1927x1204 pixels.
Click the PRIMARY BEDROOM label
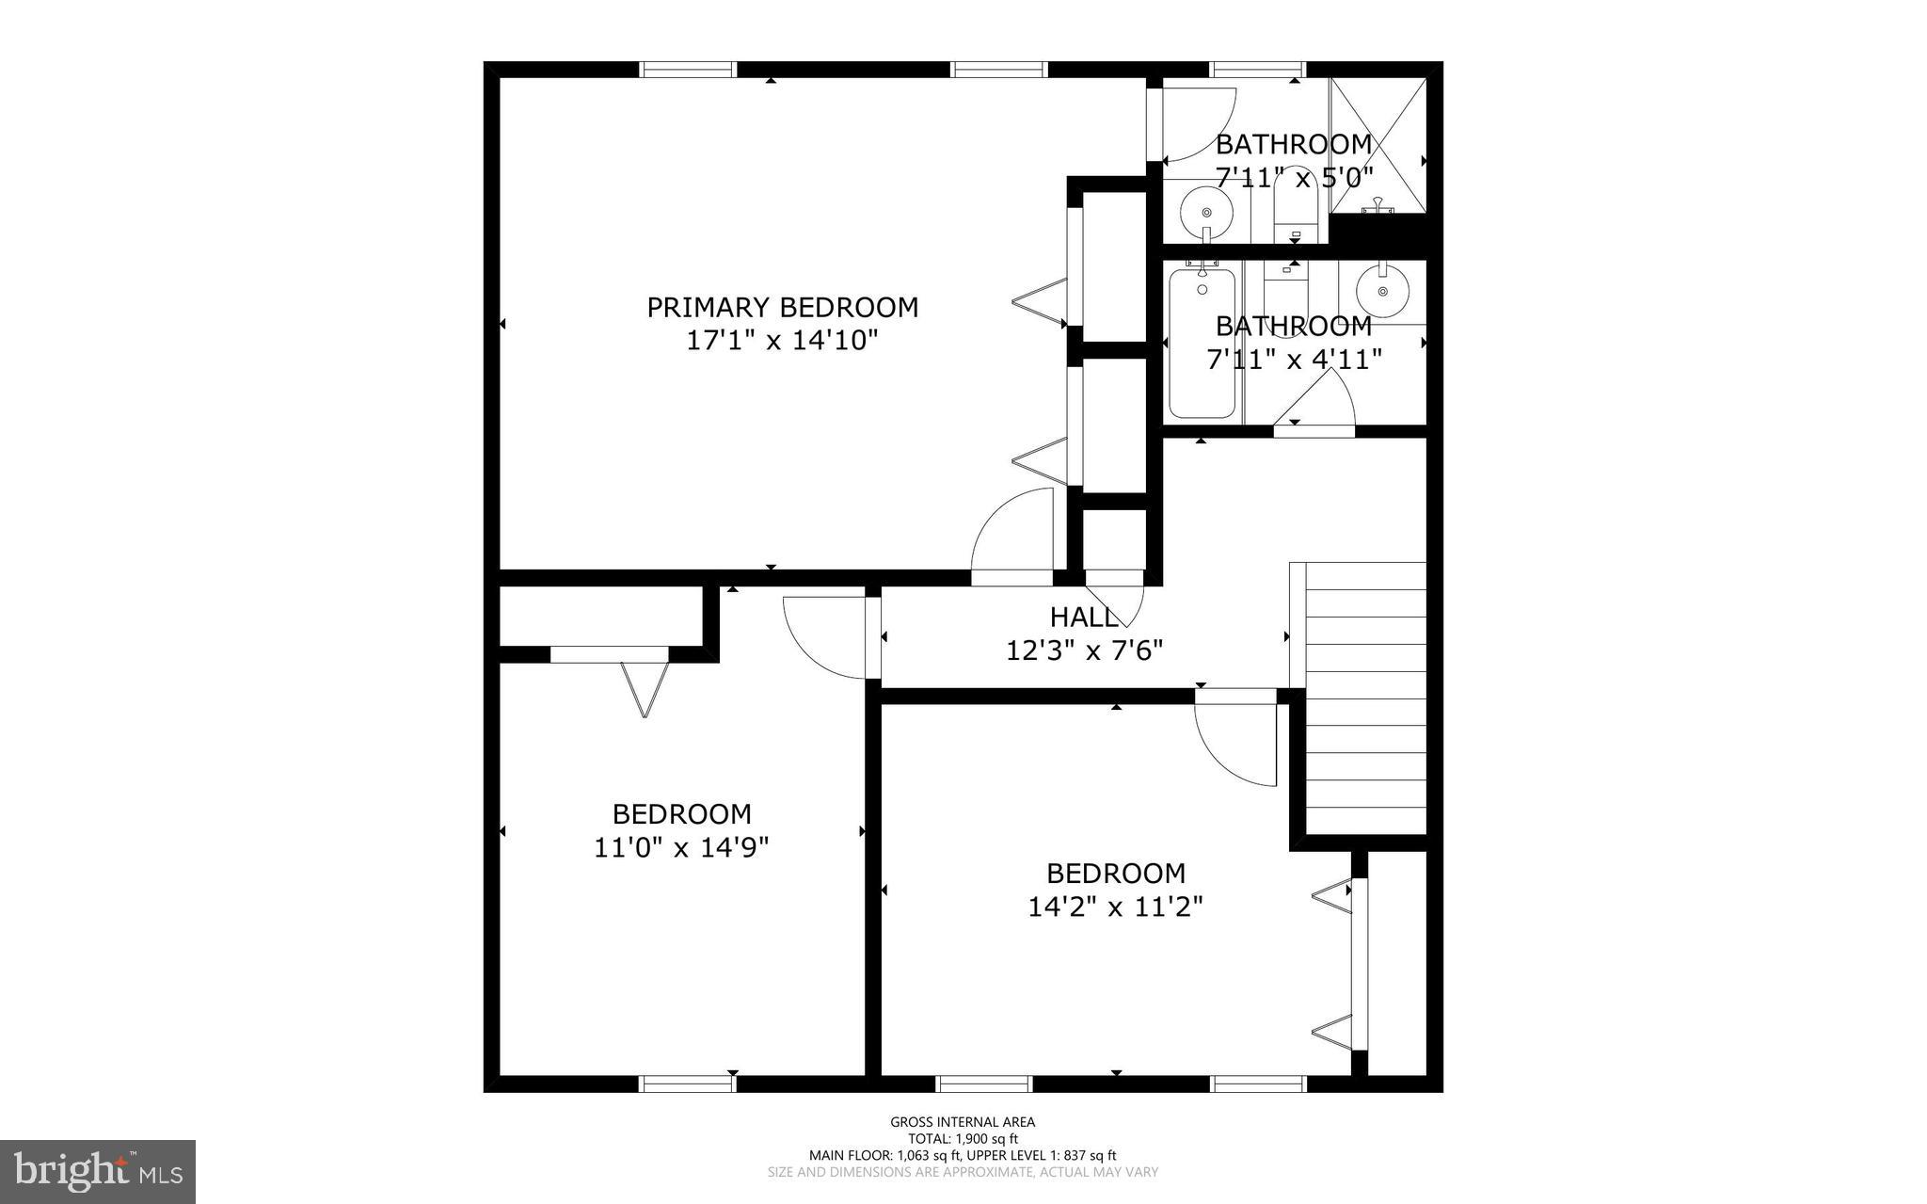click(782, 308)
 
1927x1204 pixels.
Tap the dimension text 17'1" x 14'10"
click(782, 340)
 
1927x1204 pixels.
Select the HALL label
click(1084, 618)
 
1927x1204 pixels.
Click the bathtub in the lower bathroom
click(1202, 344)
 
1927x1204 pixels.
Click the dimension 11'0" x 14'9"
click(681, 848)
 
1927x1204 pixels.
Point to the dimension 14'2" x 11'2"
click(1115, 907)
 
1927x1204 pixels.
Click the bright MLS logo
click(98, 1171)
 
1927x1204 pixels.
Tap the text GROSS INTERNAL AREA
click(963, 1122)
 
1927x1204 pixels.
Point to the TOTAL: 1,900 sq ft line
click(963, 1138)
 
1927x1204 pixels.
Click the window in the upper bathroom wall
click(1257, 69)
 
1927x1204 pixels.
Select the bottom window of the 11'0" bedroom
click(687, 1084)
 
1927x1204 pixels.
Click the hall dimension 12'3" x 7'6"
click(1084, 650)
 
